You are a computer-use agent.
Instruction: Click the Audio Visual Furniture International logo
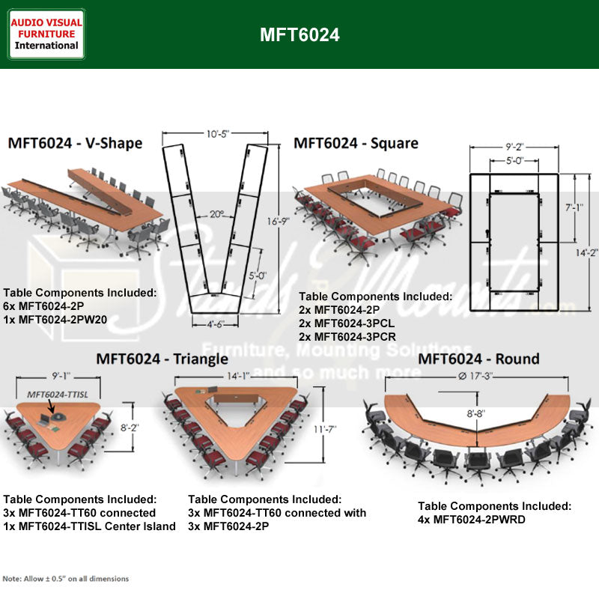[46, 34]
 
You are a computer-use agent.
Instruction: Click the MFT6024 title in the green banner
[299, 35]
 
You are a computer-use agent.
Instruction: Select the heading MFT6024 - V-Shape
[75, 142]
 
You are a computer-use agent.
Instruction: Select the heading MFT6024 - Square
[356, 142]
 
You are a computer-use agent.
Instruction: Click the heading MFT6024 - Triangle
[162, 359]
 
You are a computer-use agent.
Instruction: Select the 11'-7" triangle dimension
[325, 429]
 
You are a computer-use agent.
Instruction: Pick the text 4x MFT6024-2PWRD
[472, 519]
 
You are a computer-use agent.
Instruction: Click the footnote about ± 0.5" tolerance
[66, 579]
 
